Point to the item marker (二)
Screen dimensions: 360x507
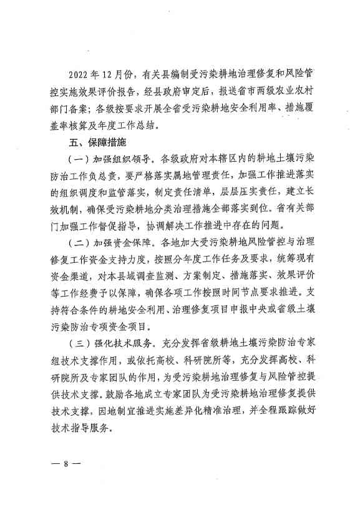(x=77, y=239)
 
